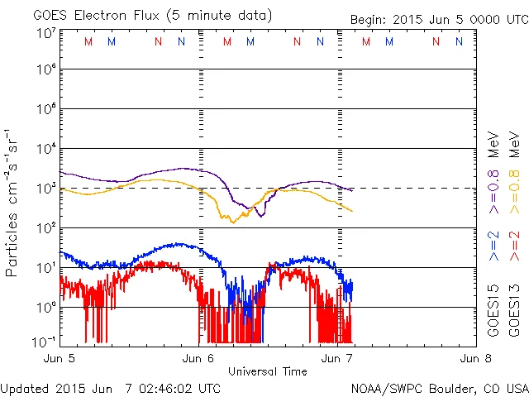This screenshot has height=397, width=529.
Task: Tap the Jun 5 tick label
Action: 60,359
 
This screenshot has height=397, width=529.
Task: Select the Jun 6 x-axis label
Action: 198,359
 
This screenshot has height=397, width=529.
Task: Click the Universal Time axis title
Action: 267,371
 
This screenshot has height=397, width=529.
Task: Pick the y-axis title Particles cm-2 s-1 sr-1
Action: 13,202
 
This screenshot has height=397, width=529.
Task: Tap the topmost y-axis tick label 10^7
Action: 45,33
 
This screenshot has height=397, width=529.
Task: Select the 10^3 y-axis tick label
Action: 45,188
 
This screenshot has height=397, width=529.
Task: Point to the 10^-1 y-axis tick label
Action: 45,342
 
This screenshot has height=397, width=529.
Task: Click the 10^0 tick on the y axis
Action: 45,307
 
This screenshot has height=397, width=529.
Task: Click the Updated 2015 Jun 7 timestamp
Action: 111,387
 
